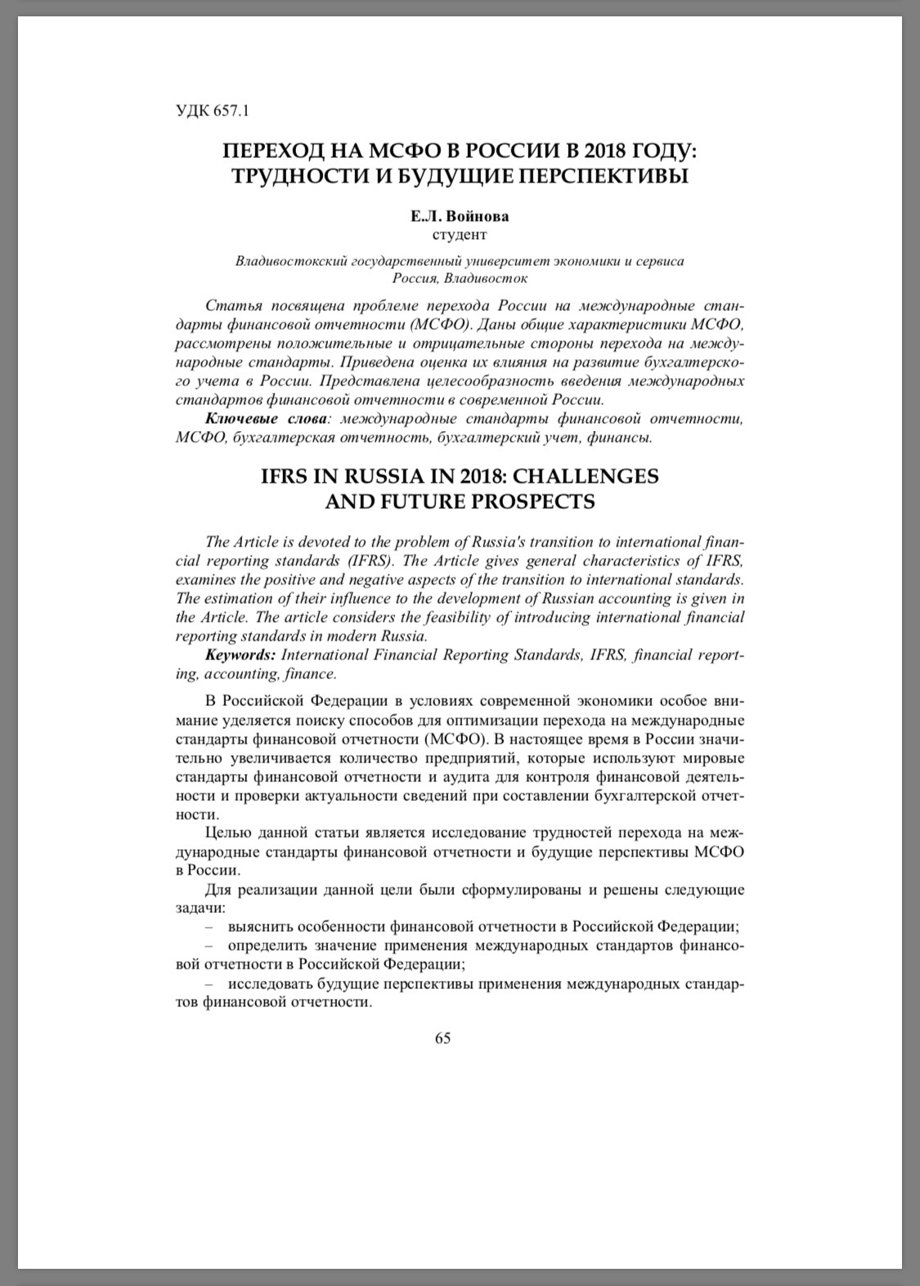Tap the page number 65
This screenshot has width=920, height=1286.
pyautogui.click(x=442, y=1038)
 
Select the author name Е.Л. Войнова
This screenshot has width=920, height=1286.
pyautogui.click(x=459, y=217)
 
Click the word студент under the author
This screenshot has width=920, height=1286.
pyautogui.click(x=459, y=235)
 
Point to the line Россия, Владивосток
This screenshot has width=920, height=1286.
pyautogui.click(x=459, y=279)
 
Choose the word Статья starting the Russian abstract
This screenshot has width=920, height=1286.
pyautogui.click(x=232, y=306)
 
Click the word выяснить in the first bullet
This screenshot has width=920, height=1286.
pyautogui.click(x=258, y=927)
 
